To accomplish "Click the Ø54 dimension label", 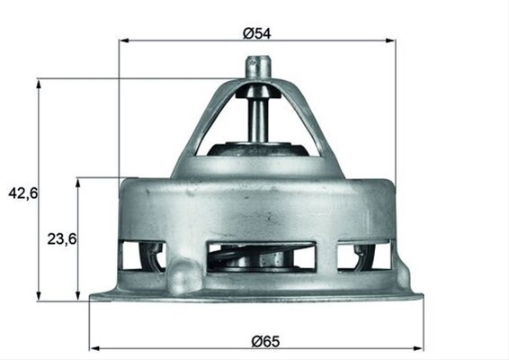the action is click(256, 33).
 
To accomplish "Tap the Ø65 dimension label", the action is click(265, 341).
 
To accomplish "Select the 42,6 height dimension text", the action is click(23, 193).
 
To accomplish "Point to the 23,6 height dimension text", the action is click(62, 239).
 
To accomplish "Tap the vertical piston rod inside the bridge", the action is click(258, 121).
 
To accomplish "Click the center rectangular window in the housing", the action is click(262, 256).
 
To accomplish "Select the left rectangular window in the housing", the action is click(142, 256).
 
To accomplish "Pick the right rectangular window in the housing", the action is click(363, 256).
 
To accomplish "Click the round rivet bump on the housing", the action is click(184, 275).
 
